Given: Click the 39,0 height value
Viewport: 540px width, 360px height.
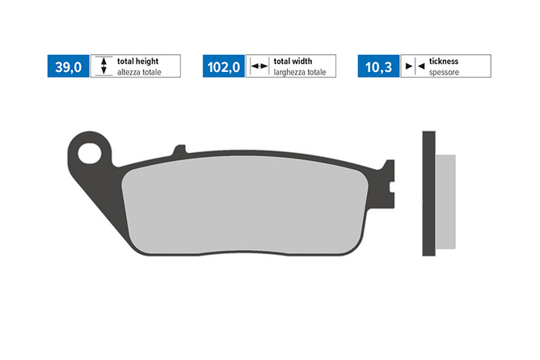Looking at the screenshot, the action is pos(68,67).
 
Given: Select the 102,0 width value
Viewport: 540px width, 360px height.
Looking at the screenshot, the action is pos(223,67).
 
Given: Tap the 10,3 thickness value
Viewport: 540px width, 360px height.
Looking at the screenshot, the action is pos(378,67).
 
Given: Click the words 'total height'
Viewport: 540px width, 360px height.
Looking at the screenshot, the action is pos(137,61).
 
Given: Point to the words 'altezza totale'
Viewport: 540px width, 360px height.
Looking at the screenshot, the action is pos(139,72).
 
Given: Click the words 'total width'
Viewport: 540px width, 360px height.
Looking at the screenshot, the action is pos(293,61).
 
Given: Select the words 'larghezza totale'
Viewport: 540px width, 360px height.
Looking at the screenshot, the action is pos(300,72).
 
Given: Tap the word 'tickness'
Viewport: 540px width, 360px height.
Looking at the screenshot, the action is pos(444,61).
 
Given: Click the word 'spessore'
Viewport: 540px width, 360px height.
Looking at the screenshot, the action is pos(444,72).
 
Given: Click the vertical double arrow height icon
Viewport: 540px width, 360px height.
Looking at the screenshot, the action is pos(103,66).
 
